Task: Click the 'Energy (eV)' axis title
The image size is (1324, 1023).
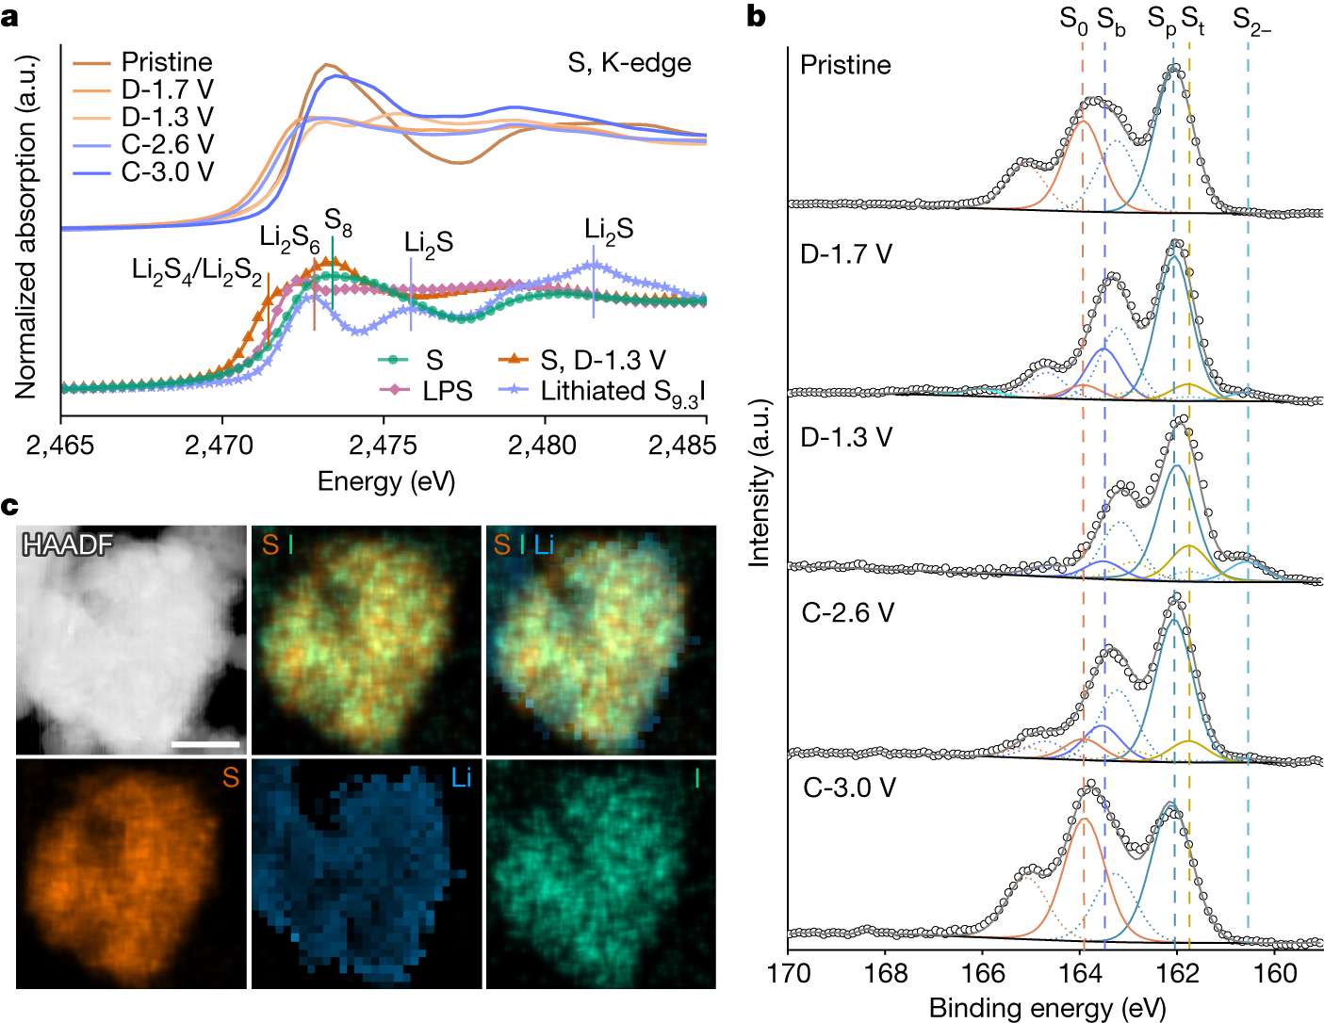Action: coord(385,481)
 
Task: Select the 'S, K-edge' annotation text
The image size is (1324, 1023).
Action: coord(629,63)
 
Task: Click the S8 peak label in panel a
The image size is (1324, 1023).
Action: coord(338,222)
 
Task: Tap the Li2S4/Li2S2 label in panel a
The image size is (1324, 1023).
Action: coord(196,271)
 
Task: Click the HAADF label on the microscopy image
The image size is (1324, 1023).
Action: coord(67,544)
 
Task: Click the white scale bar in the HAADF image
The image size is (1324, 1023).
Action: coord(205,743)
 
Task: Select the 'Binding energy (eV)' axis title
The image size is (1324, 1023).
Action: coord(1047,1008)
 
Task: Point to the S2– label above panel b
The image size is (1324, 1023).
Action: coord(1251,20)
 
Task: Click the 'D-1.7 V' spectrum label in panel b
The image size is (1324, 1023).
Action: coord(845,254)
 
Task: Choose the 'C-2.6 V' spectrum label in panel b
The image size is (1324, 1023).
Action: coord(848,612)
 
